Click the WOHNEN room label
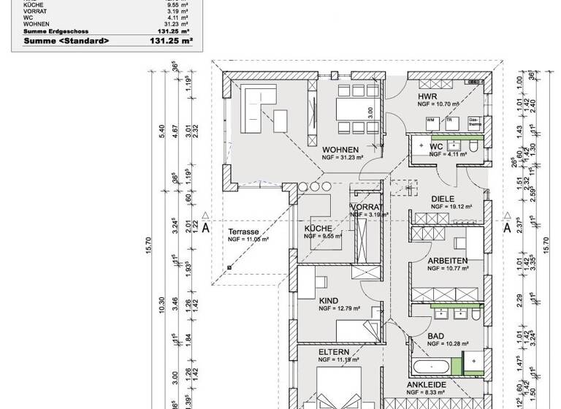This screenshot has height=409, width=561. pyautogui.click(x=340, y=149)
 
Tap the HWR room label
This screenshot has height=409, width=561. pyautogui.click(x=427, y=96)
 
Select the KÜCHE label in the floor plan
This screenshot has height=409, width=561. pyautogui.click(x=318, y=229)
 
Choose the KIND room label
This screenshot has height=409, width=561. pyautogui.click(x=329, y=300)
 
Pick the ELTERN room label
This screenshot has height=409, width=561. pyautogui.click(x=333, y=352)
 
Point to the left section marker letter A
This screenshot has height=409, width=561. pyautogui.click(x=207, y=227)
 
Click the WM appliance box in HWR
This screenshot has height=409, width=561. pyautogui.click(x=431, y=119)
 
